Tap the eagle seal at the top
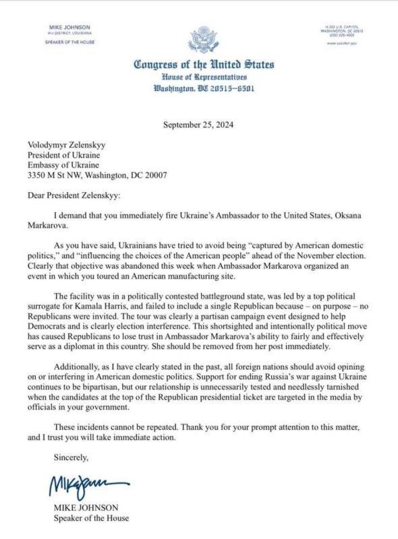(x=203, y=39)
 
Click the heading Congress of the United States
(x=203, y=65)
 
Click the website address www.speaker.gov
(x=342, y=43)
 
